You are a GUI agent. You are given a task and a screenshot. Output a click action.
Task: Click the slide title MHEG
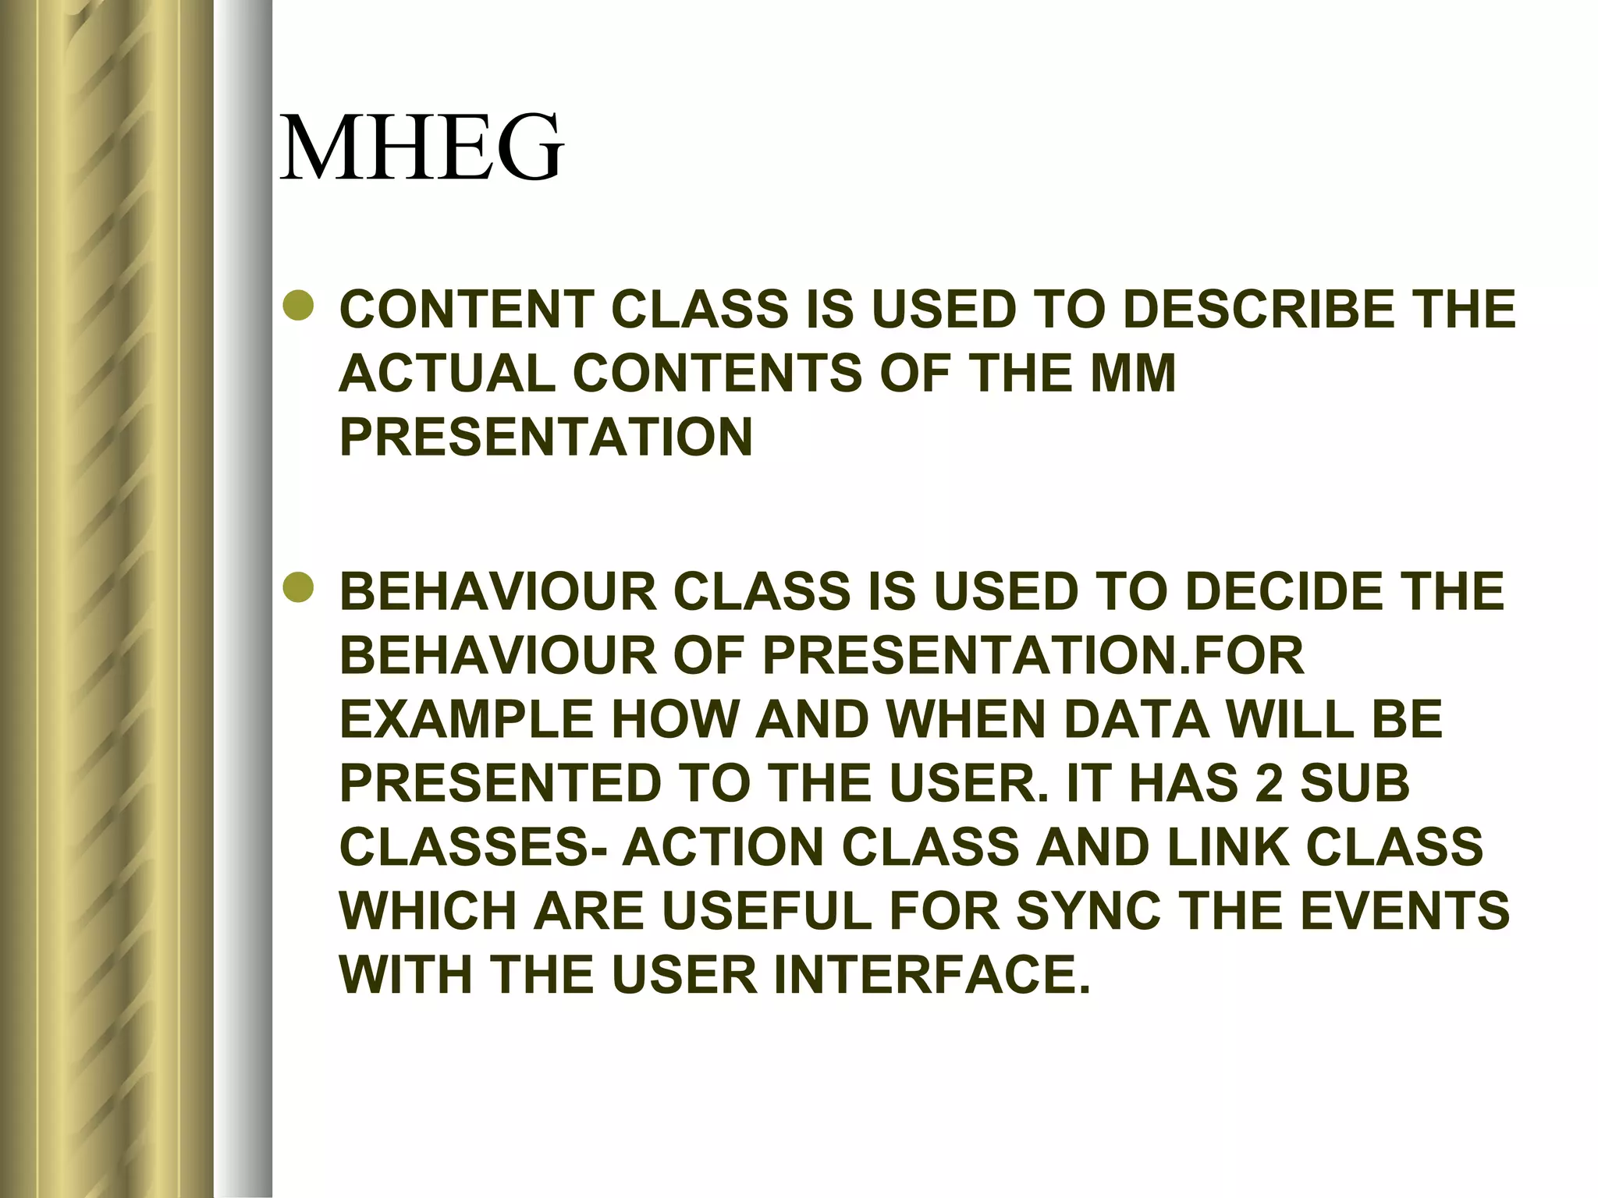(x=421, y=148)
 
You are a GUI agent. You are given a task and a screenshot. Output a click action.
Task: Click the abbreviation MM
(x=1132, y=374)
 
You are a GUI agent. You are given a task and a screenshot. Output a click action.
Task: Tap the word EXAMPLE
(x=467, y=720)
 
